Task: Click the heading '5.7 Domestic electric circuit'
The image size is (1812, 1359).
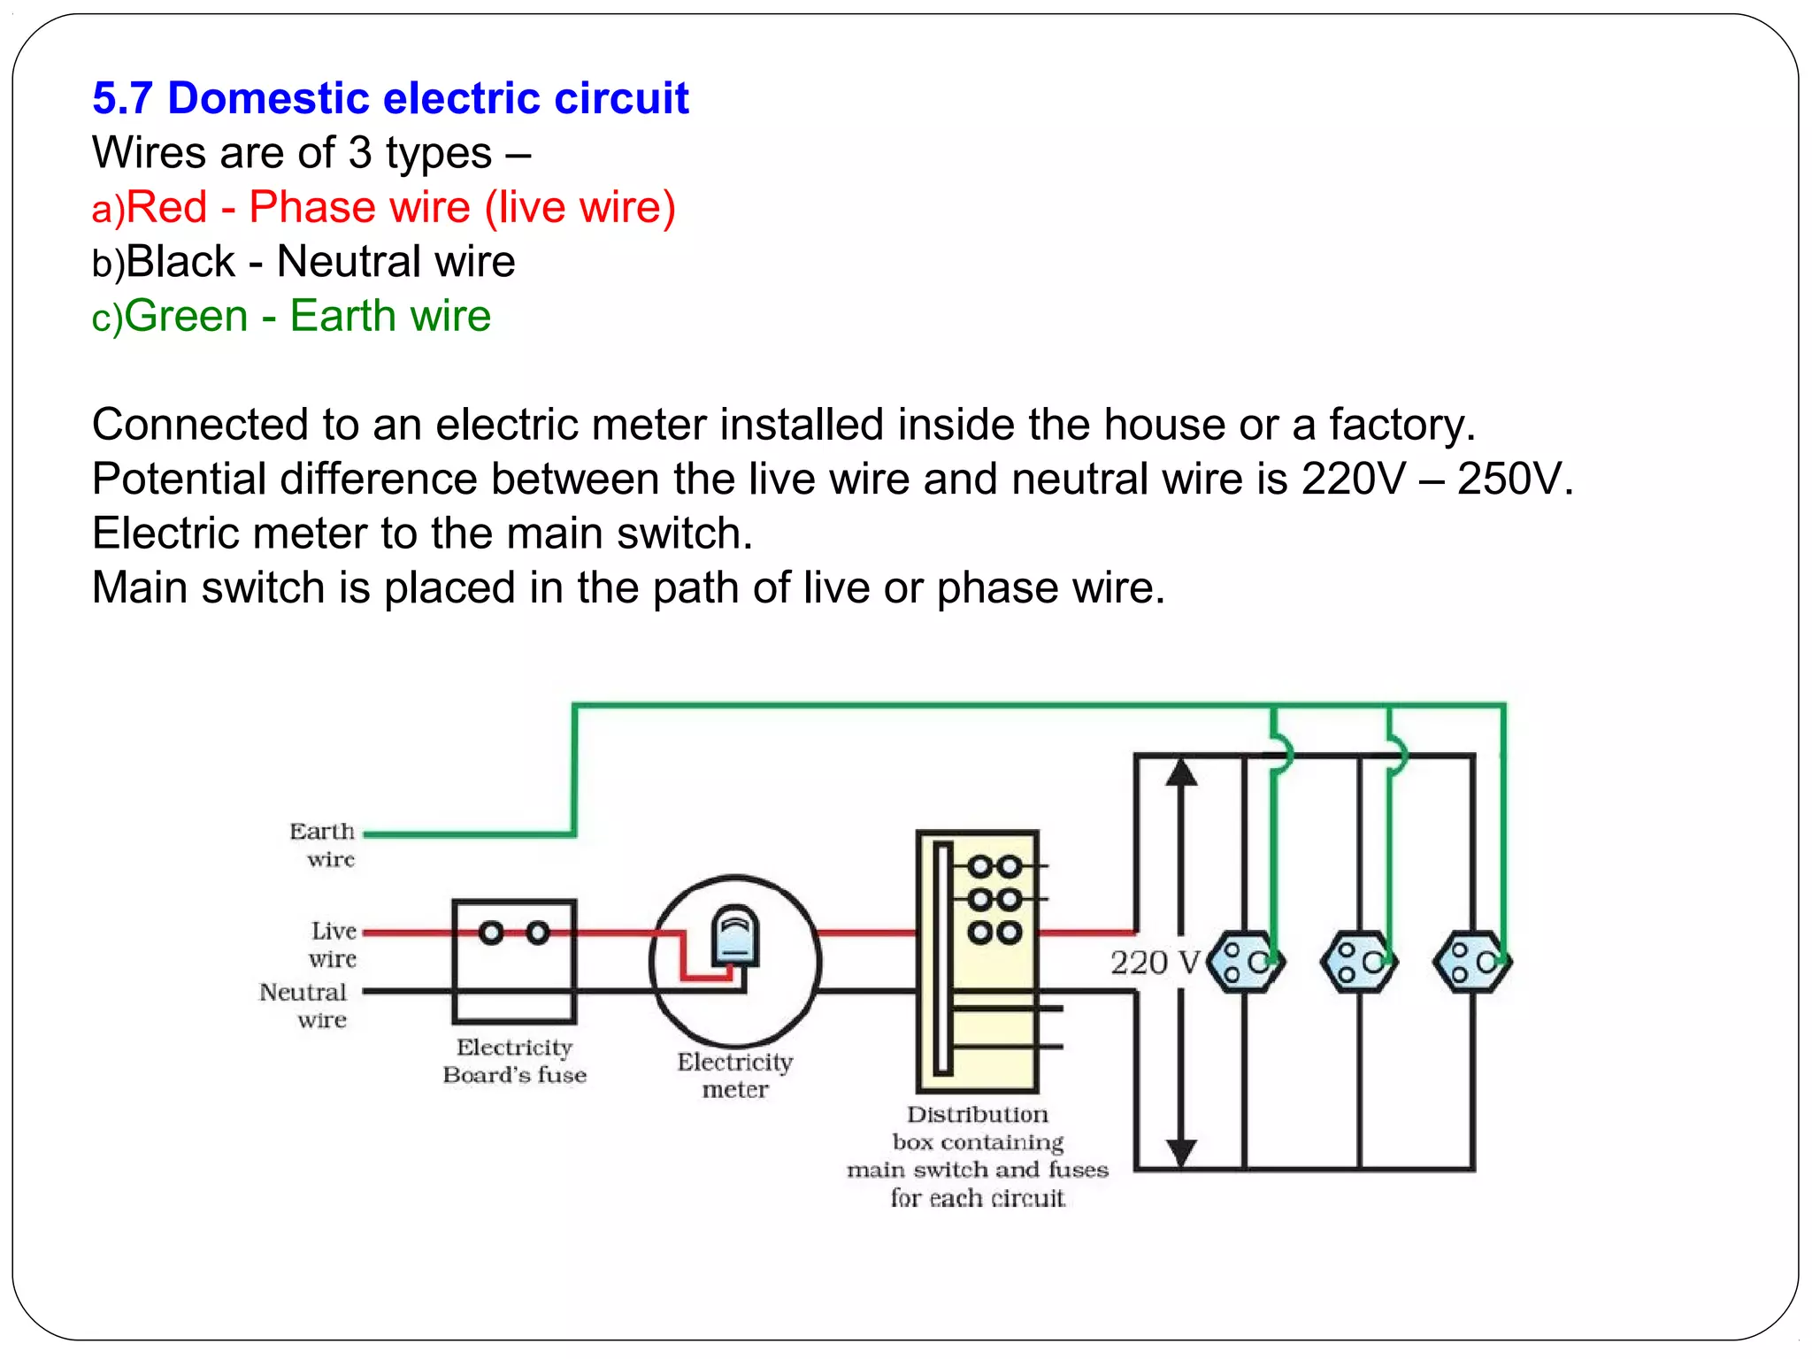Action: tap(389, 97)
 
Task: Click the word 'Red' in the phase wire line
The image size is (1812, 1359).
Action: tap(166, 207)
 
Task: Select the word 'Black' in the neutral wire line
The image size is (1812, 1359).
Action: tap(180, 262)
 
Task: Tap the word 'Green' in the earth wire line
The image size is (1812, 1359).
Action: tap(186, 316)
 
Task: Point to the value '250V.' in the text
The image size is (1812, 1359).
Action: tap(1515, 479)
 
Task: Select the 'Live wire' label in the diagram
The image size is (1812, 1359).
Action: tap(334, 944)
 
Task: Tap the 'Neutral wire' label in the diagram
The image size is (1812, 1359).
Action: tap(304, 1005)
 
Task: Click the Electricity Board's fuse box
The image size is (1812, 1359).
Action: tap(514, 962)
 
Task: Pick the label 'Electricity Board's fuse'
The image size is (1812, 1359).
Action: tap(515, 1061)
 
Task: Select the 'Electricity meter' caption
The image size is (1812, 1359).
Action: tap(735, 1075)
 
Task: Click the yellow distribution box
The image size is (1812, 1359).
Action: tap(978, 962)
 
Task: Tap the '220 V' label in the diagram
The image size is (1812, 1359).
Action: tap(1155, 963)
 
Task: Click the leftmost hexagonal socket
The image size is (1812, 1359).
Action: tap(1244, 962)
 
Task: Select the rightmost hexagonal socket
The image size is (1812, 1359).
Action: tap(1472, 962)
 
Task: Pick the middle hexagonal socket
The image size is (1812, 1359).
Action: tap(1358, 962)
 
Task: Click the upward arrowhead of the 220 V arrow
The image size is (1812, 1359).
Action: tap(1181, 773)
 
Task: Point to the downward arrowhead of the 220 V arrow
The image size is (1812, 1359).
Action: tap(1181, 1153)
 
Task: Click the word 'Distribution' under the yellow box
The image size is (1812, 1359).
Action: tap(977, 1114)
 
